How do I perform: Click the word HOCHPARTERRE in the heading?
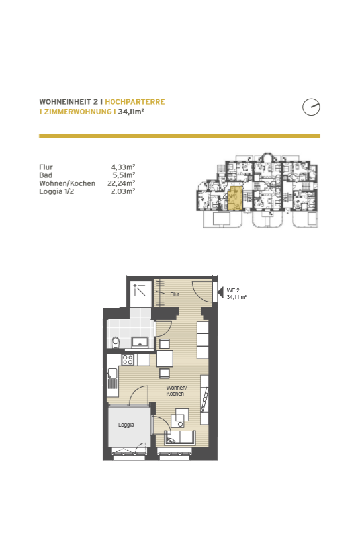click(x=135, y=102)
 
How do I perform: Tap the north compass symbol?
click(x=311, y=107)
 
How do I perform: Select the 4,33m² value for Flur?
click(x=123, y=167)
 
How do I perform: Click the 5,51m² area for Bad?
click(x=124, y=175)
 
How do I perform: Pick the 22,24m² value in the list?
click(x=121, y=183)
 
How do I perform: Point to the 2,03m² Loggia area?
click(x=123, y=191)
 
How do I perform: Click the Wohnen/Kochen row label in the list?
click(x=67, y=183)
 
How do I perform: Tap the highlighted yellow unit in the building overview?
click(x=235, y=198)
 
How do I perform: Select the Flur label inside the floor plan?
click(x=175, y=294)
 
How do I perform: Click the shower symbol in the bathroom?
click(x=140, y=290)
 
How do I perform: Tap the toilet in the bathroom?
click(x=116, y=343)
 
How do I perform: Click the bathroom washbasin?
click(x=140, y=343)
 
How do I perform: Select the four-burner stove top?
click(x=128, y=360)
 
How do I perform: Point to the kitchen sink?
click(x=112, y=374)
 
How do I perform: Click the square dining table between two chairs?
click(x=165, y=359)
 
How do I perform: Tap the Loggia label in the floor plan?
click(x=126, y=425)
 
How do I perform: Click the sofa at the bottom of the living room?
click(x=179, y=437)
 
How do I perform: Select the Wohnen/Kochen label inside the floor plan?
click(x=176, y=391)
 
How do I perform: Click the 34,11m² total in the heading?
click(x=131, y=112)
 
